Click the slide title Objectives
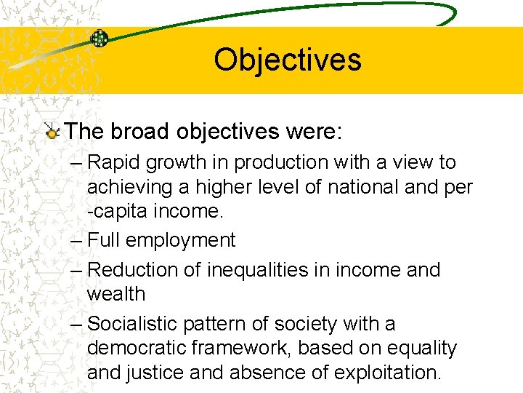[x=287, y=59]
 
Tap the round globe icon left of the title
[x=100, y=39]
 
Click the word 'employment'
[x=184, y=241]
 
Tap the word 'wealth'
[x=116, y=294]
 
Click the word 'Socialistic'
[x=137, y=323]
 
